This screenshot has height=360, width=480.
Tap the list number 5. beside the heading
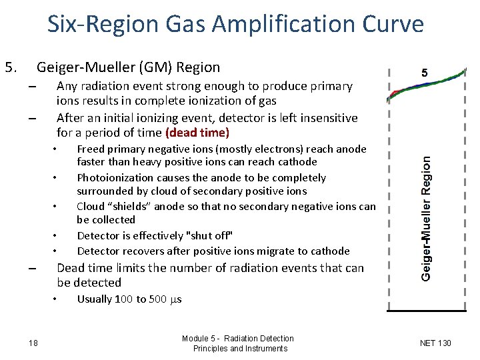[12, 67]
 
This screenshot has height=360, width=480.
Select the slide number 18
[33, 343]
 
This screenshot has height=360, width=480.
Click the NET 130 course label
[435, 343]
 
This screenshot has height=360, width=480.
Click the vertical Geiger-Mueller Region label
[427, 218]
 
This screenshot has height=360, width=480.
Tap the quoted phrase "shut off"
[211, 235]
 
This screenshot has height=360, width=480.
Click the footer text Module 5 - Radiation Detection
[237, 339]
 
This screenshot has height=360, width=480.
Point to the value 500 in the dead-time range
[157, 299]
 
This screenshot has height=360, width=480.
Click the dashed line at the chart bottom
[427, 311]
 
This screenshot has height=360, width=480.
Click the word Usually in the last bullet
[95, 299]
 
